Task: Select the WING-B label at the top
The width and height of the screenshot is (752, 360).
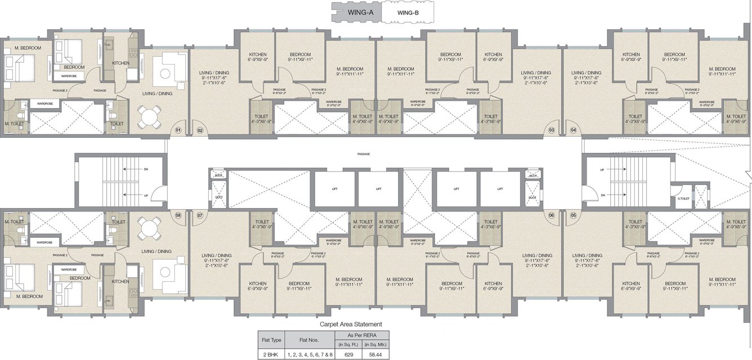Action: pos(408,11)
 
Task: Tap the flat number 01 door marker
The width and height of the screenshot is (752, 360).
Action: pos(178,130)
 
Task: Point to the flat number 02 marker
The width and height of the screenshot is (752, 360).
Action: pos(200,130)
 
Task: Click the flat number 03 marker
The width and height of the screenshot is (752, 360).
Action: pos(551,130)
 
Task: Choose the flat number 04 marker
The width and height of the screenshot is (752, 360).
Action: pos(574,130)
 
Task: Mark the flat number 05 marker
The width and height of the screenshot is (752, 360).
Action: pos(574,215)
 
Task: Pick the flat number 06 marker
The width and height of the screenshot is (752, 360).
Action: pos(551,215)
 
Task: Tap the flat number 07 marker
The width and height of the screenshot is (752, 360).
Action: pos(200,215)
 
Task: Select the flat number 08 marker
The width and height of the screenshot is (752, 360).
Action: pos(178,215)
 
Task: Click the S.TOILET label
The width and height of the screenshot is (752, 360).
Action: pos(683,199)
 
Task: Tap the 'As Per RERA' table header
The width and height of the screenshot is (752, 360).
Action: pos(361,334)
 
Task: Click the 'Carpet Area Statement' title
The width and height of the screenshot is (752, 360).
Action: pos(351,324)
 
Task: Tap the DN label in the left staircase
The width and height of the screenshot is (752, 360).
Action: pos(146,169)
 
